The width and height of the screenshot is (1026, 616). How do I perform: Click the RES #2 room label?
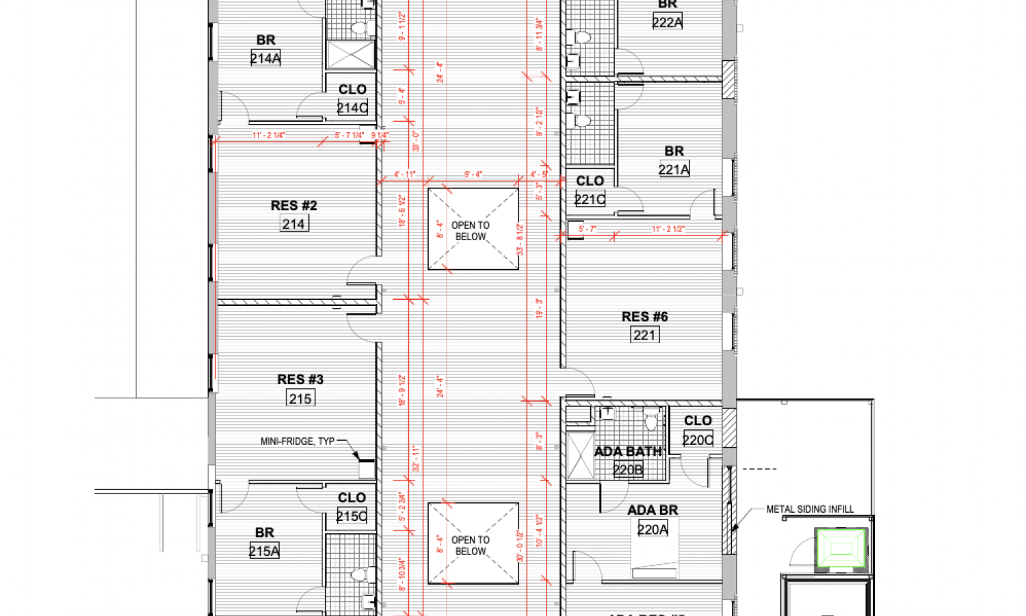(x=293, y=205)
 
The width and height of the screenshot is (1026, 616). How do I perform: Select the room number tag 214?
(x=293, y=224)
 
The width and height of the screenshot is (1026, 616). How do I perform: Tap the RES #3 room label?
(x=300, y=379)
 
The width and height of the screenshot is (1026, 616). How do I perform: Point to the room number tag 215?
(x=300, y=398)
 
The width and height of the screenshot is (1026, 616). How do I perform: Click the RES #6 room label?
(x=644, y=316)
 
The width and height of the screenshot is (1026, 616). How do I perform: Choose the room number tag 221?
(x=644, y=335)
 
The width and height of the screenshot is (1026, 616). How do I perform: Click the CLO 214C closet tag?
(x=352, y=107)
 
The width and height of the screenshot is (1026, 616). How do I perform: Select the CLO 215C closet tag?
(x=352, y=516)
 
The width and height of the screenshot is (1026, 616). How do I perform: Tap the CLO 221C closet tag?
(x=590, y=199)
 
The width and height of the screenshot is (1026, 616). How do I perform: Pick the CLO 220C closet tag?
(x=698, y=439)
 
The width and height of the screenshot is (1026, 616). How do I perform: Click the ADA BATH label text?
(x=628, y=452)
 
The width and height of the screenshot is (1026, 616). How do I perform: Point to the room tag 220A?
(x=653, y=529)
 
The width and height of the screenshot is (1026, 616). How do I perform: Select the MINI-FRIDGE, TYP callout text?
(x=298, y=441)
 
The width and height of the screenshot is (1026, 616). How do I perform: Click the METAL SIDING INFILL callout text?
(x=810, y=509)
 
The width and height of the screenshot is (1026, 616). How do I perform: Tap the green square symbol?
(x=841, y=550)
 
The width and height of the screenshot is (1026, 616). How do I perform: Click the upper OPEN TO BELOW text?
(x=471, y=231)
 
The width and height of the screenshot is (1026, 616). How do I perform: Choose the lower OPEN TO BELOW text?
(x=471, y=546)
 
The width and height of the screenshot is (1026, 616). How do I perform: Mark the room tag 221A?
(x=674, y=169)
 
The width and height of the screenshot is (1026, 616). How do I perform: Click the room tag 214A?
(x=265, y=58)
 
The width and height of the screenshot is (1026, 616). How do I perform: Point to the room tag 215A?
(x=264, y=551)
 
